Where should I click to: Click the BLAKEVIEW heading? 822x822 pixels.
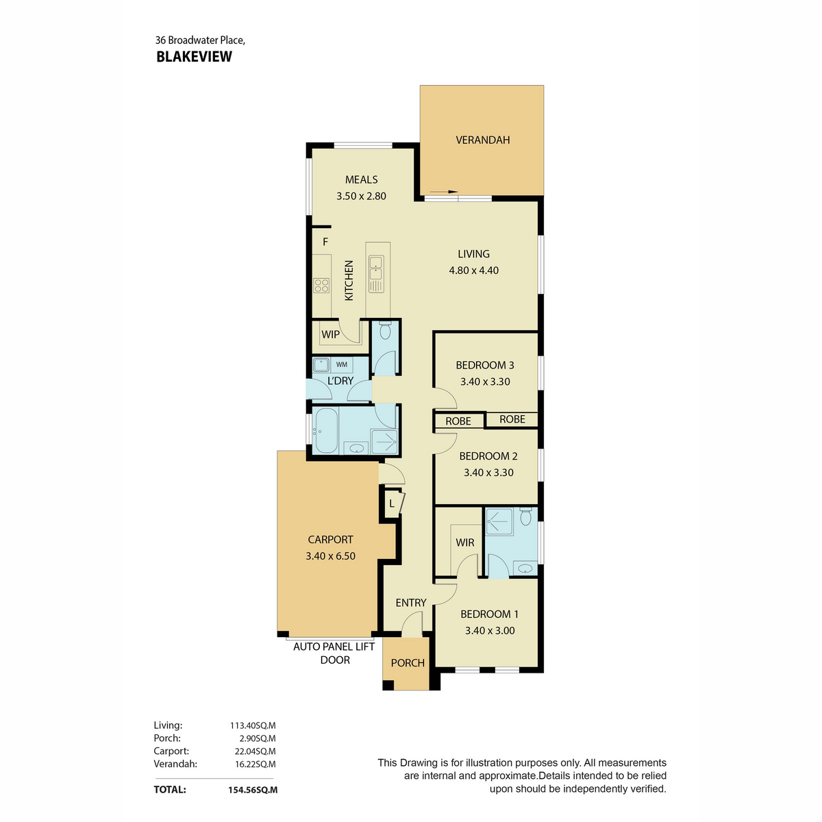pos(194,57)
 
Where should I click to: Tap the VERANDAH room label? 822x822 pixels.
pos(482,140)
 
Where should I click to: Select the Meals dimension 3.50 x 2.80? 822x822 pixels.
pos(361,196)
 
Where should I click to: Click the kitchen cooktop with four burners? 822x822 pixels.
pos(321,286)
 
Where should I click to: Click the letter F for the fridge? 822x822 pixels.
pos(325,242)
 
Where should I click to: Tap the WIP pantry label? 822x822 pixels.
pos(331,334)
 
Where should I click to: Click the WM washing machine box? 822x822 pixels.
pos(342,364)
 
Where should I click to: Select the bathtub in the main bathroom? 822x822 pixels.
pos(325,430)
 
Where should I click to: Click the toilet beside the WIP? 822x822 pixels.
pos(385,331)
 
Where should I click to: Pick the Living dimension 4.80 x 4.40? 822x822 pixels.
pos(473,271)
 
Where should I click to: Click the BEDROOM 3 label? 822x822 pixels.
pos(485,365)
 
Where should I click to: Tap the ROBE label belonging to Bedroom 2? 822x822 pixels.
pos(458,421)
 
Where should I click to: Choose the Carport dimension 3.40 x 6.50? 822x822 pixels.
pos(330,556)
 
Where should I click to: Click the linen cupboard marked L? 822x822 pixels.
pos(392,503)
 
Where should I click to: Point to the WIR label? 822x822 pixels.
pos(465,543)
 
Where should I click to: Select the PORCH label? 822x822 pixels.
pos(408,663)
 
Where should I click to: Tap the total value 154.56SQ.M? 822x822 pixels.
pos(253,790)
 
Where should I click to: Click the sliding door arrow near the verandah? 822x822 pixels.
pos(444,192)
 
